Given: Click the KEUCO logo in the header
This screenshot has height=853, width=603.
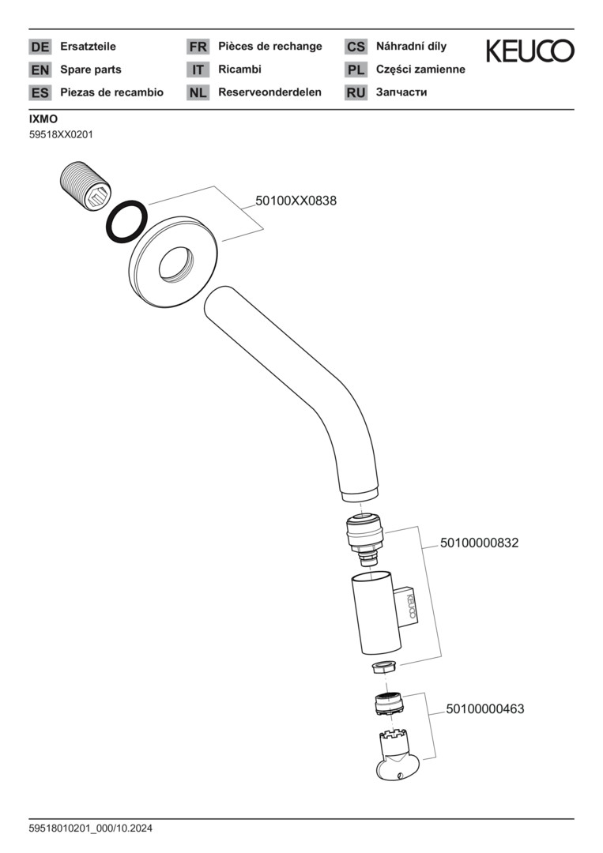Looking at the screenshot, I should tap(530, 51).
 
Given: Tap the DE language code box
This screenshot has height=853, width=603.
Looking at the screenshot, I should tap(40, 47).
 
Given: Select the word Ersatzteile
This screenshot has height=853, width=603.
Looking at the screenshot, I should tap(88, 47).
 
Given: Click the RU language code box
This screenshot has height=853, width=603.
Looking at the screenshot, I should tap(356, 92).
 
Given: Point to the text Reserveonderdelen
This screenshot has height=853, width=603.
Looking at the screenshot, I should tap(269, 92).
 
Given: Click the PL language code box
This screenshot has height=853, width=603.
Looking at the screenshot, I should tap(356, 70).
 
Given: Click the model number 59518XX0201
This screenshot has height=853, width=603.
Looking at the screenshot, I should tap(61, 134).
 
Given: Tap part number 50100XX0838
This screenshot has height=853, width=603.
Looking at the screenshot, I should tap(296, 201).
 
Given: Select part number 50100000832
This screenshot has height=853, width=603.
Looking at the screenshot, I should tap(479, 543).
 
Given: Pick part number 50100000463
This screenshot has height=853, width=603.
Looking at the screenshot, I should tap(484, 709).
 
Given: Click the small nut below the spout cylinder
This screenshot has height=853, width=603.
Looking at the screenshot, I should tap(383, 666).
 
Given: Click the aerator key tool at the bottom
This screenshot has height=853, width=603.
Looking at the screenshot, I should tap(392, 757).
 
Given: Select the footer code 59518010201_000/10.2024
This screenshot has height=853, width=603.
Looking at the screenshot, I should tap(91, 829).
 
